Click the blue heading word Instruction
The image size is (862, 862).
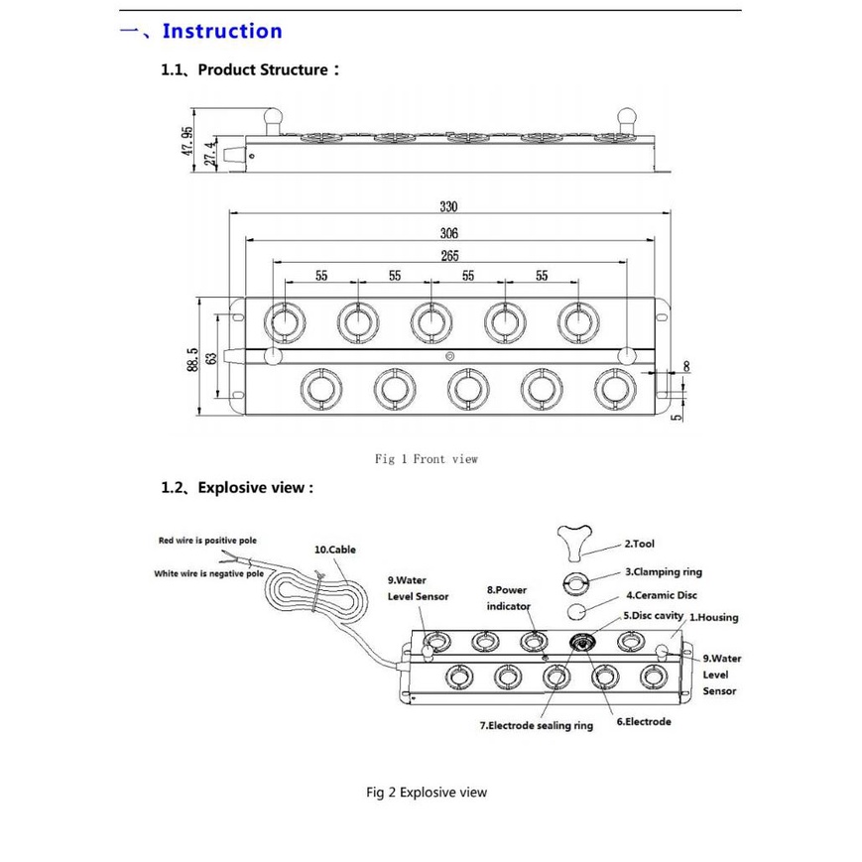pyautogui.click(x=222, y=31)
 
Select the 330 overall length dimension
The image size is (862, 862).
pyautogui.click(x=448, y=206)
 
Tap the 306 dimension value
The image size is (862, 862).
pyautogui.click(x=448, y=234)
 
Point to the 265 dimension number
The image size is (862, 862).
pyautogui.click(x=449, y=256)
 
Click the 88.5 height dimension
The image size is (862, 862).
pyautogui.click(x=192, y=359)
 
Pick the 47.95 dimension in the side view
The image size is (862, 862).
pyautogui.click(x=187, y=141)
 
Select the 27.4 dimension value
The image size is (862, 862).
pyautogui.click(x=210, y=154)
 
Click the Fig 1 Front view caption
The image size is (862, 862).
pyautogui.click(x=427, y=459)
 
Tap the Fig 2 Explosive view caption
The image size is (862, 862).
pyautogui.click(x=427, y=793)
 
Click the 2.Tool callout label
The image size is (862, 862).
pyautogui.click(x=640, y=544)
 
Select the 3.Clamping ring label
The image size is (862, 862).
pyautogui.click(x=664, y=571)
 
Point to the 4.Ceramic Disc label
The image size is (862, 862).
pyautogui.click(x=662, y=595)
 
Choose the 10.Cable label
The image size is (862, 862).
pyautogui.click(x=335, y=550)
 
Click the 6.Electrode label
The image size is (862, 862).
pyautogui.click(x=644, y=722)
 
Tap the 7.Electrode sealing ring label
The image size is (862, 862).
pyautogui.click(x=537, y=726)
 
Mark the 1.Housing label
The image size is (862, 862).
pyautogui.click(x=714, y=617)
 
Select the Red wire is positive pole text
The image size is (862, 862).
pyautogui.click(x=207, y=541)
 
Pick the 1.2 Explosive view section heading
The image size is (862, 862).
pyautogui.click(x=237, y=488)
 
